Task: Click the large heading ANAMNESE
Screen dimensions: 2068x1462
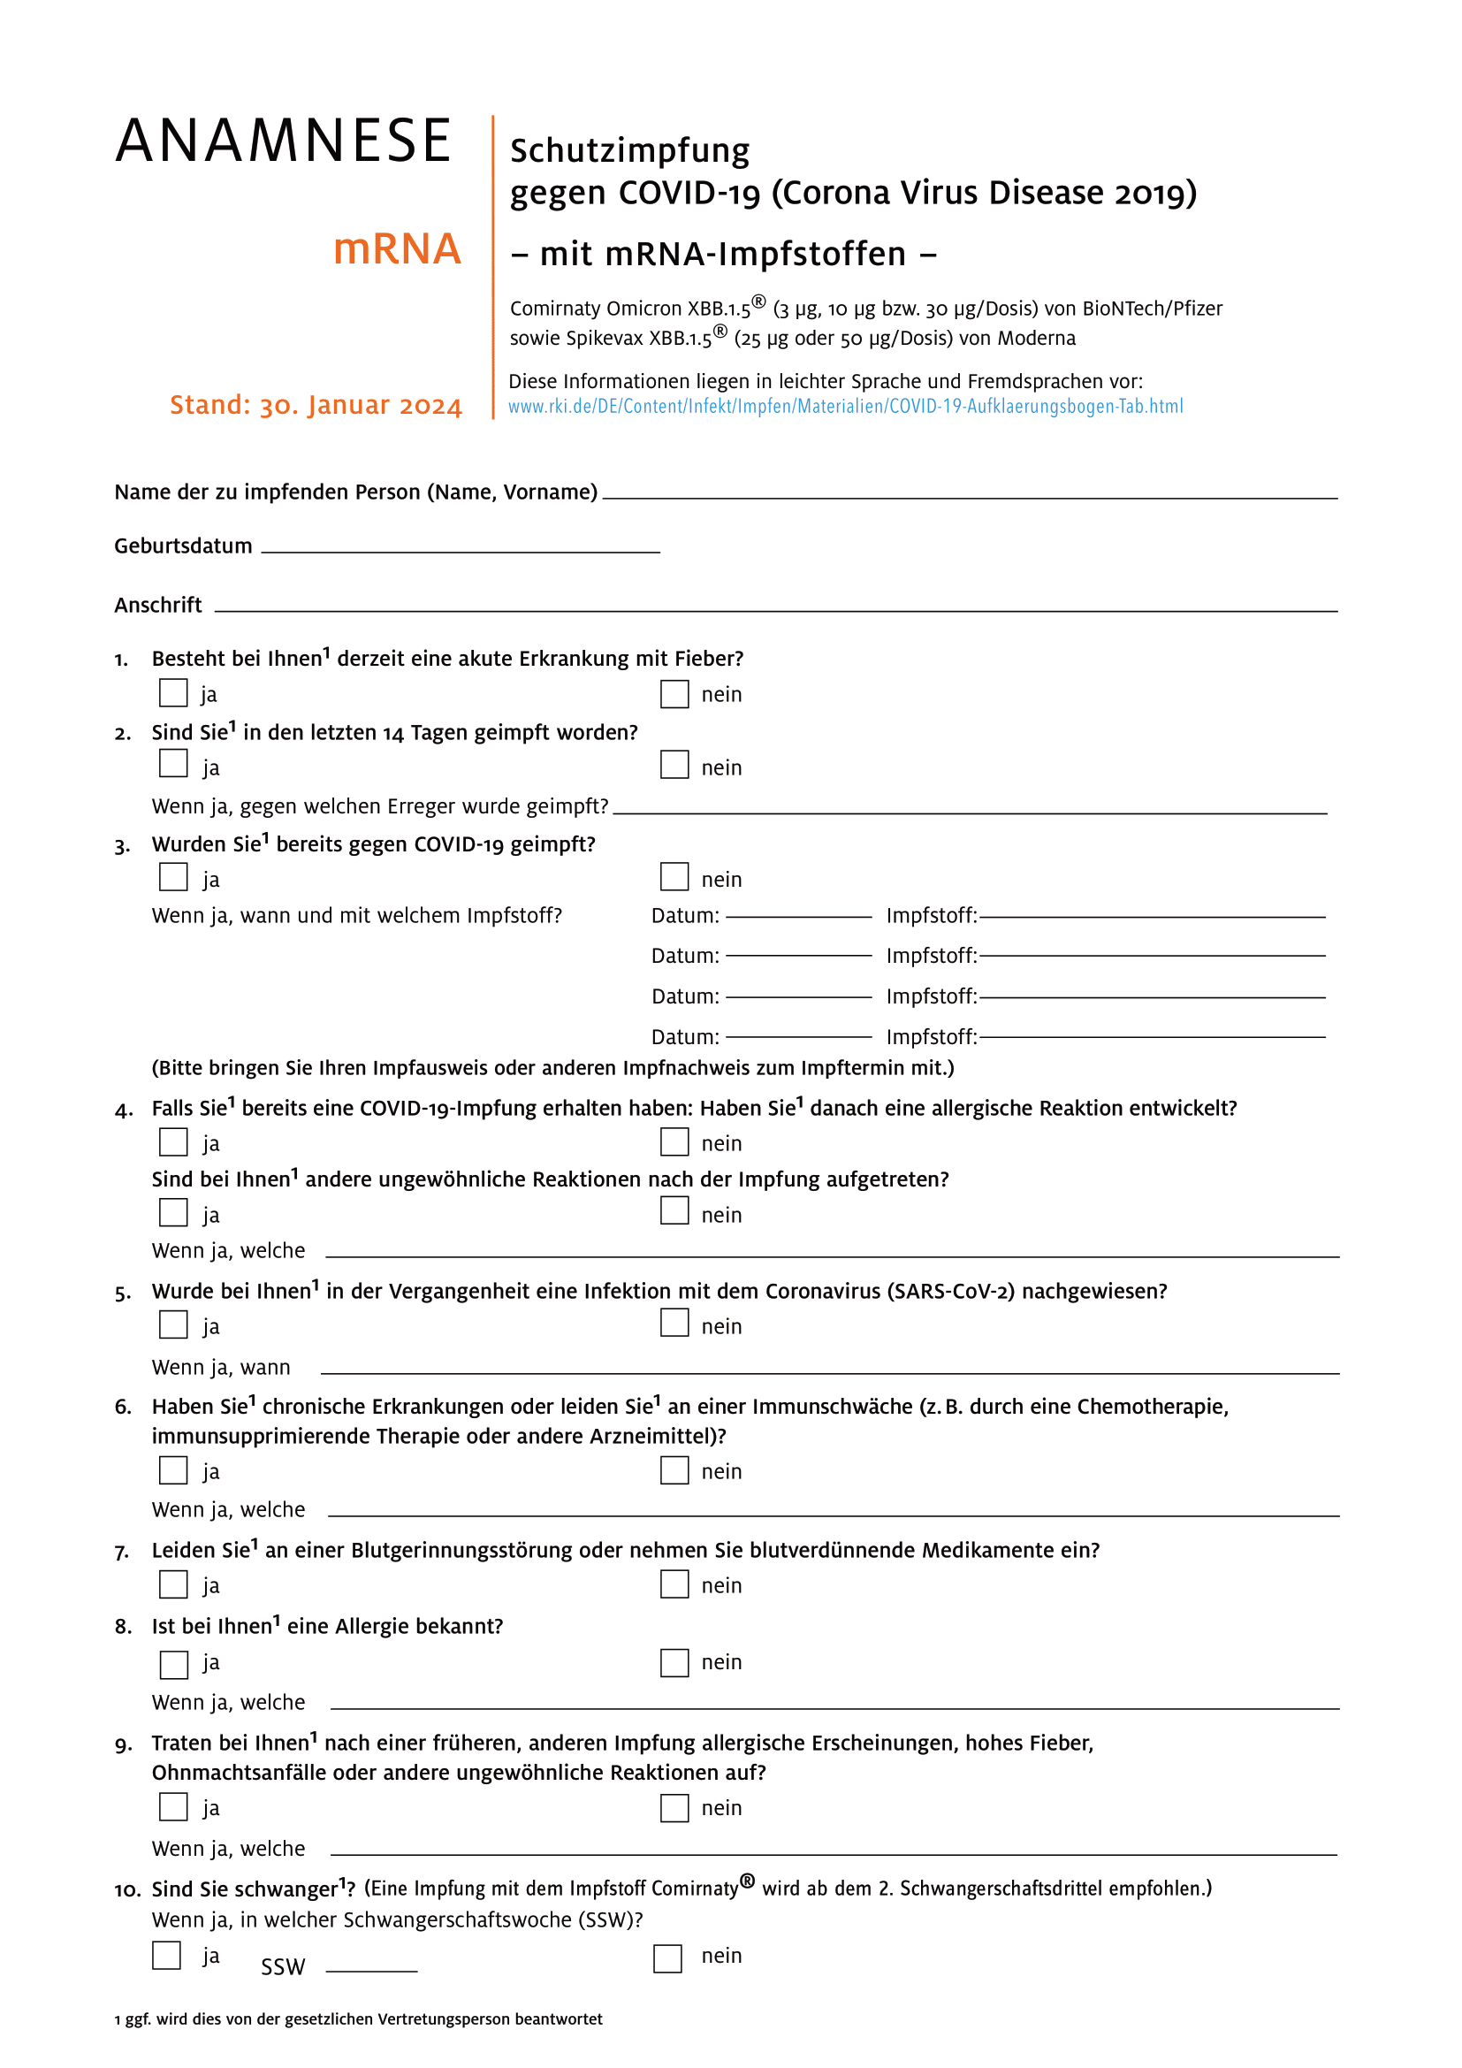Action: pos(284,141)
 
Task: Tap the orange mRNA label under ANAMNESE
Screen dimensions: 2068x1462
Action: pos(397,248)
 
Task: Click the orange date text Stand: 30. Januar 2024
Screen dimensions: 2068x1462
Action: pos(316,405)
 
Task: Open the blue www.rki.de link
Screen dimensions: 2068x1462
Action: pos(845,406)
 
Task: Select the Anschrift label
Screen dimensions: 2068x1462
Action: pos(158,606)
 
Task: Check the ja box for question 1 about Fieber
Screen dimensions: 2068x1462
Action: pos(174,692)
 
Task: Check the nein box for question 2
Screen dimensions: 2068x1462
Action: pos(674,765)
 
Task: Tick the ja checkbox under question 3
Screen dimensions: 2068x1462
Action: pos(174,876)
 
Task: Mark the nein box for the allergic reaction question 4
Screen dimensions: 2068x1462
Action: pos(674,1142)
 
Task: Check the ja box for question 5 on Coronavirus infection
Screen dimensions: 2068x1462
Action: pos(174,1325)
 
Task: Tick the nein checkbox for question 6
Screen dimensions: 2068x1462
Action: pos(674,1471)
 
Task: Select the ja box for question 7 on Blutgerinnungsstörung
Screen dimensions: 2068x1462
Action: pos(174,1584)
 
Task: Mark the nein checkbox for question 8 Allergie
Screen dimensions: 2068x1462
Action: pos(674,1663)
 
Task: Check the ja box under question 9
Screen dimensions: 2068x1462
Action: pos(174,1807)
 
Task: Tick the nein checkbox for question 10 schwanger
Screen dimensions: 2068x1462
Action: pos(667,1958)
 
